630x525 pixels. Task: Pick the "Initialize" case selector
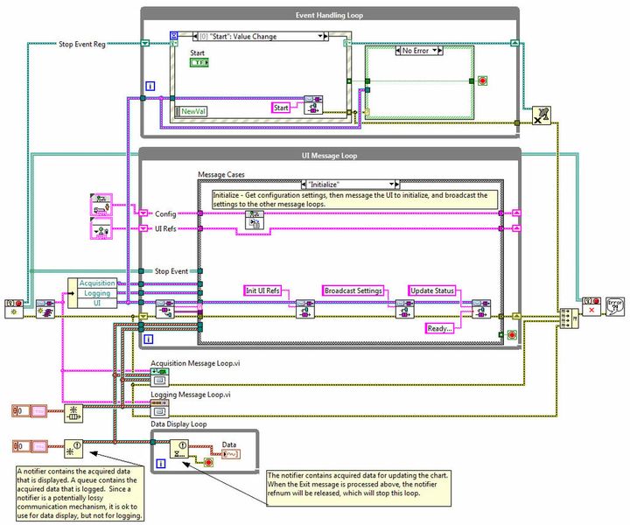(x=348, y=185)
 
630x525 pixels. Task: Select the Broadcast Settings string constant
(x=353, y=290)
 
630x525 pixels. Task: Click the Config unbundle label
(x=166, y=213)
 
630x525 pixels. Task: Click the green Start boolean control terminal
(x=199, y=64)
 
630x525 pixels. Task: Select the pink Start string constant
(x=281, y=108)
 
